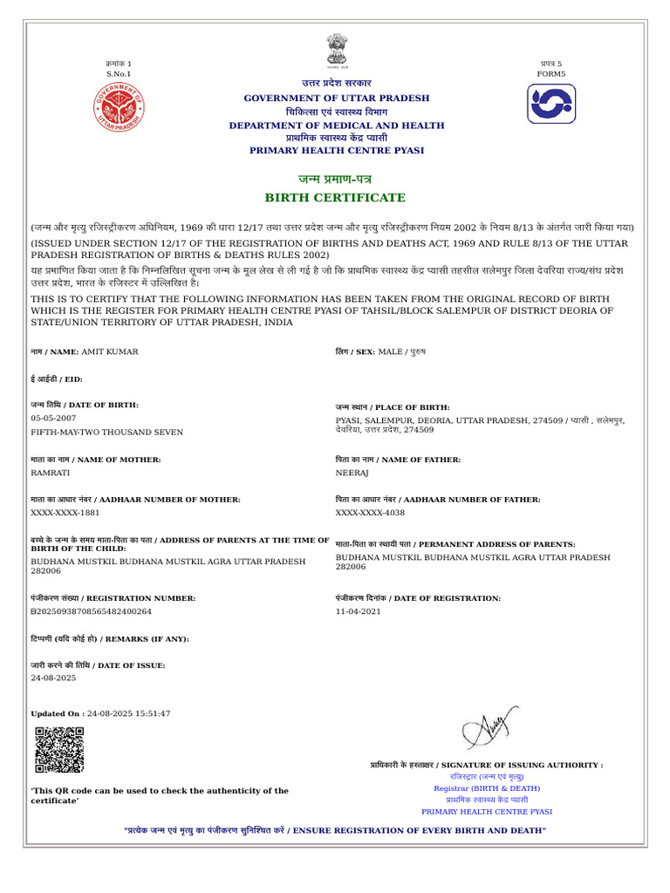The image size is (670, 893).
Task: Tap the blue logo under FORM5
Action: point(550,104)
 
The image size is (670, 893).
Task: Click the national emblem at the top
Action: point(336,50)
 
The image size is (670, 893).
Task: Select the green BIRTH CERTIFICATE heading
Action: point(336,198)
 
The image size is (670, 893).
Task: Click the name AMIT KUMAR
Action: point(109,351)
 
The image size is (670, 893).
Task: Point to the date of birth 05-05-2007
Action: point(53,419)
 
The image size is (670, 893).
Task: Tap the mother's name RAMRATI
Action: point(51,473)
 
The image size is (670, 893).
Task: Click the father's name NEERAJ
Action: point(353,473)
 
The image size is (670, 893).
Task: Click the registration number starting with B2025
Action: point(92,611)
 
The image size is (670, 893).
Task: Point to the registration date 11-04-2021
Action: point(358,611)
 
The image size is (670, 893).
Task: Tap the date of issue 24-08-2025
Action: point(53,678)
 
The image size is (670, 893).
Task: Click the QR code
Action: point(59,750)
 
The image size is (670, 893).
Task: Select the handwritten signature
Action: point(489,726)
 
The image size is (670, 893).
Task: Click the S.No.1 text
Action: point(118,74)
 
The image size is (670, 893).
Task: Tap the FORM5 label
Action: point(550,74)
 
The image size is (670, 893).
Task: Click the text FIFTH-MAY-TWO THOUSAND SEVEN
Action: point(107,432)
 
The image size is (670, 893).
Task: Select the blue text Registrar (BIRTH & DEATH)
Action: point(487,787)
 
